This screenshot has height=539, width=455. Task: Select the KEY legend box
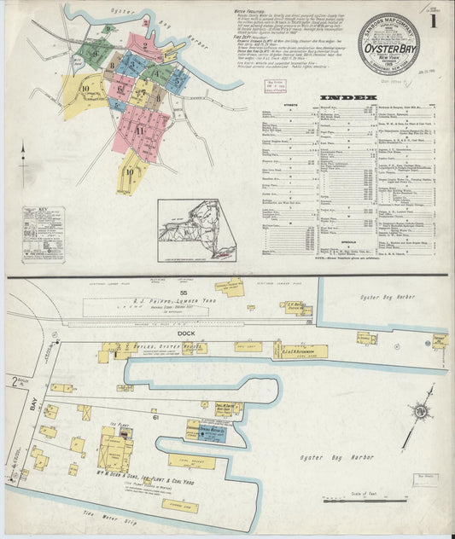[x=43, y=233]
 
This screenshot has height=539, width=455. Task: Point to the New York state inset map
[x=200, y=229]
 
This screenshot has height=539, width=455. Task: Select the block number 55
[x=182, y=293]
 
